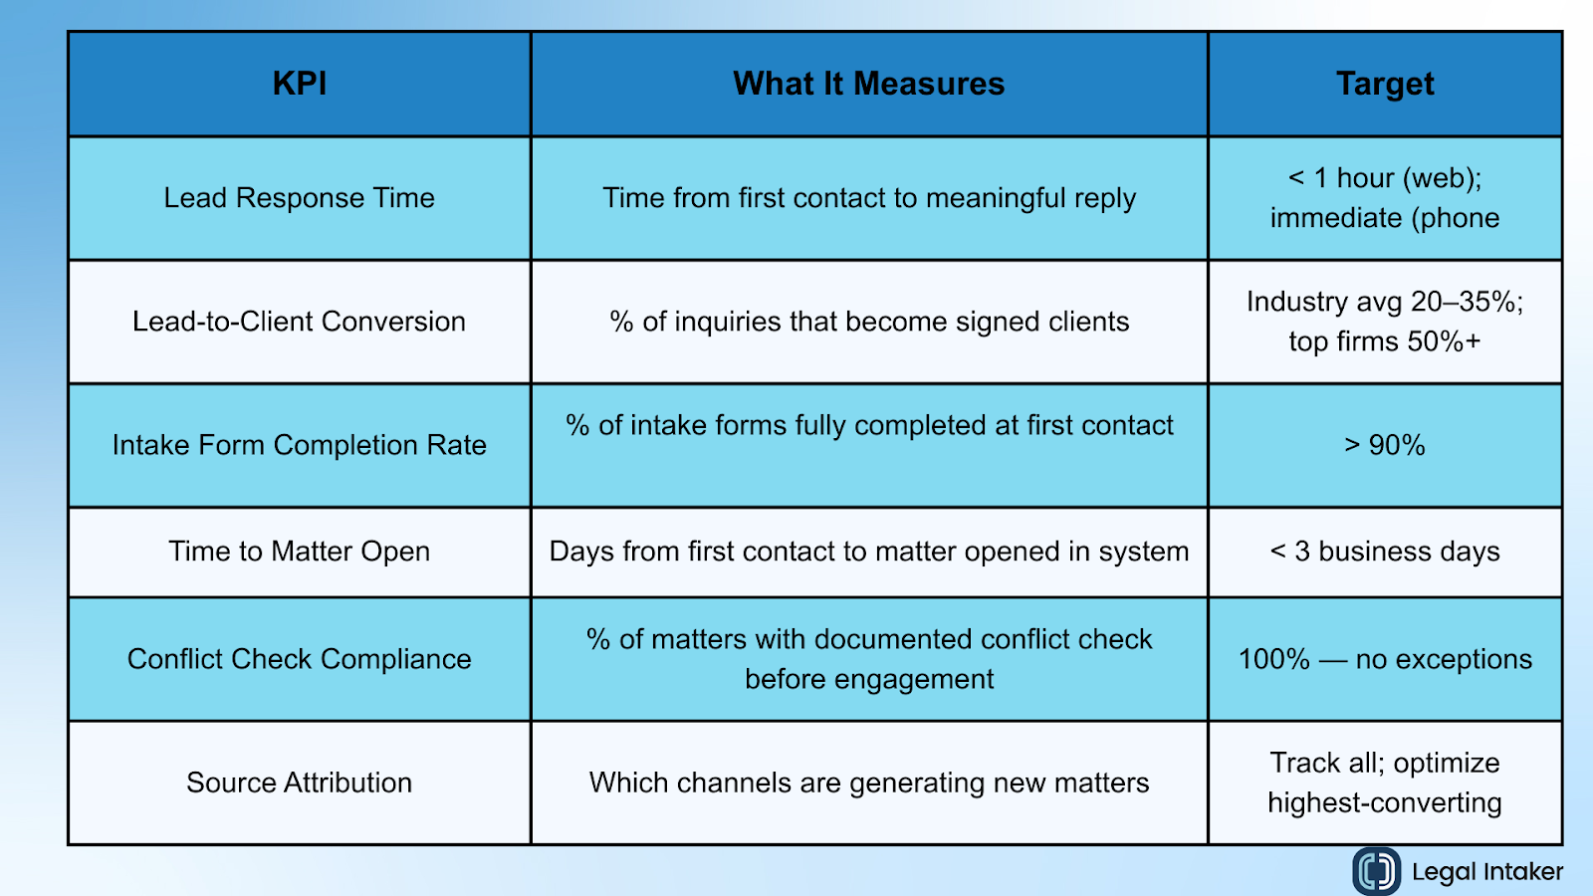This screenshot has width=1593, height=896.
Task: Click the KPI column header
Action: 299,84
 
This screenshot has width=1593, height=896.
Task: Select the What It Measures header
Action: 868,84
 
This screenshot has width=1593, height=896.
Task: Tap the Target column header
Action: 1384,84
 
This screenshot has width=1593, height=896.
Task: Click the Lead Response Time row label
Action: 299,198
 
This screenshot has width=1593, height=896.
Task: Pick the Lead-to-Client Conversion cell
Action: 299,322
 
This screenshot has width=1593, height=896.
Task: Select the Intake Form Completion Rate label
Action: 299,445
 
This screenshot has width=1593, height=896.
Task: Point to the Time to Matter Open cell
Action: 299,552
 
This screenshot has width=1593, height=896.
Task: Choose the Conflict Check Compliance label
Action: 299,659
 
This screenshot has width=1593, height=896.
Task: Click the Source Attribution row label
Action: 299,783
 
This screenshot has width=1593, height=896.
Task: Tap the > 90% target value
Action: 1384,445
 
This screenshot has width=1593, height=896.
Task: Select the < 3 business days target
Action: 1384,552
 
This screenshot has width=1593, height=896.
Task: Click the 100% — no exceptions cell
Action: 1384,659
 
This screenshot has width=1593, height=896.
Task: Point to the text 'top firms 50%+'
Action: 1384,341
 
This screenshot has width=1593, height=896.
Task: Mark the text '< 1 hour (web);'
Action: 1384,178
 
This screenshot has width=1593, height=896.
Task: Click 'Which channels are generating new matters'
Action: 868,783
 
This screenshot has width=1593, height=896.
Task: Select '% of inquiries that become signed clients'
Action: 868,322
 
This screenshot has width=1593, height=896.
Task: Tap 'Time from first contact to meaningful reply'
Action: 868,198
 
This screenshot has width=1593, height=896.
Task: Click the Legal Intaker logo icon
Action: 1376,871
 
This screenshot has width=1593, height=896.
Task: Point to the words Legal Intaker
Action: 1486,872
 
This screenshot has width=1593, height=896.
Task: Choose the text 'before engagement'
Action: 868,679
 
